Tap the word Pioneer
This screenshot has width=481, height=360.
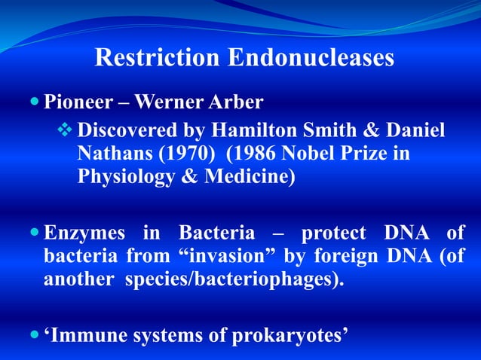(x=72, y=101)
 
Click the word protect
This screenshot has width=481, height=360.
(x=333, y=232)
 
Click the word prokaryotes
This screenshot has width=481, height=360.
(x=286, y=334)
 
